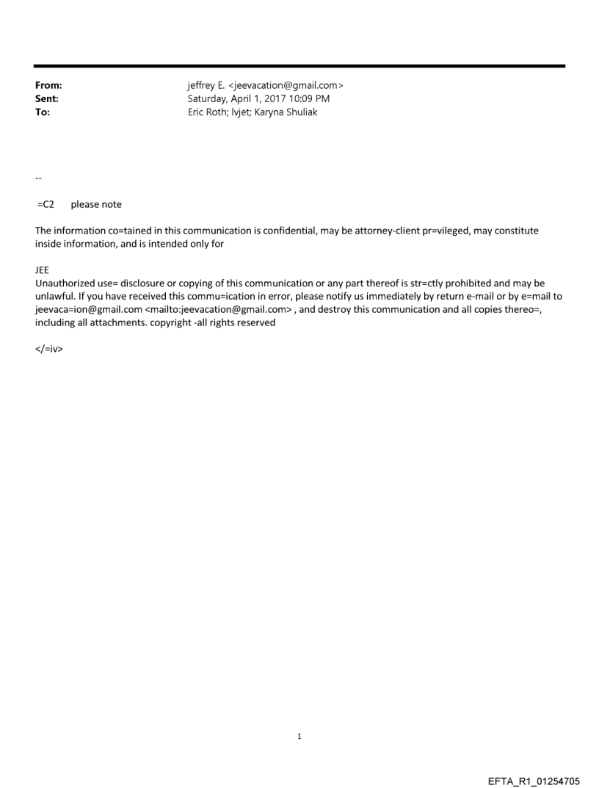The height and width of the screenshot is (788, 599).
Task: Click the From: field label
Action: pos(48,85)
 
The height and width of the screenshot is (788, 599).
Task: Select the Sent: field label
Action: pos(47,98)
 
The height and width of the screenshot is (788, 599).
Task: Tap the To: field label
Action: pos(43,112)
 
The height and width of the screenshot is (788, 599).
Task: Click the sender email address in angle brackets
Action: pos(284,85)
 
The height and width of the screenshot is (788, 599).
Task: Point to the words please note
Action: pos(96,204)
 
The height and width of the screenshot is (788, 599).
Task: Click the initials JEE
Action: pos(42,270)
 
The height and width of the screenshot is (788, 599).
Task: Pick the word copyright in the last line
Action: pos(167,323)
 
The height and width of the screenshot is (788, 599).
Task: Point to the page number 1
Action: pos(299,736)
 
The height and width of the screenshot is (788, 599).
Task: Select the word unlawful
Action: pos(54,297)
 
